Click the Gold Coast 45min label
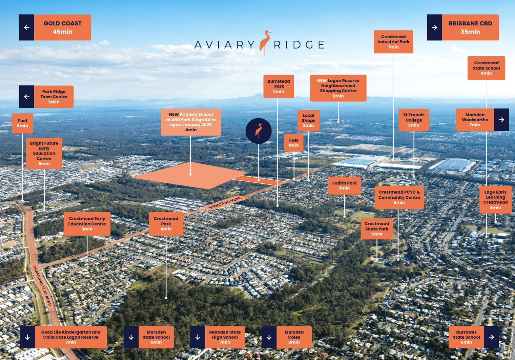tap(62, 27)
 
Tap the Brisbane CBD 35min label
tap(470, 27)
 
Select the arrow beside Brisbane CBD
tap(434, 27)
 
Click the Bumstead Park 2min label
tap(279, 86)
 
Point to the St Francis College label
tap(414, 120)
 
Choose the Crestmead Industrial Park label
tap(393, 42)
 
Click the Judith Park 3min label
tap(344, 185)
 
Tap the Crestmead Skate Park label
tap(377, 229)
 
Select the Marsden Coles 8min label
tap(294, 337)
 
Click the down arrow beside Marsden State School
tap(131, 337)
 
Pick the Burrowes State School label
tap(466, 337)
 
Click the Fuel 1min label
tap(294, 143)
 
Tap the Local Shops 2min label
tap(308, 120)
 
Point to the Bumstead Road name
tap(225, 203)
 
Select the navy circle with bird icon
tap(259, 131)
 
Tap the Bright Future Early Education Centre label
tap(44, 153)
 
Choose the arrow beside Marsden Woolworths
tap(501, 120)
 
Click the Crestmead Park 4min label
tap(166, 224)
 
